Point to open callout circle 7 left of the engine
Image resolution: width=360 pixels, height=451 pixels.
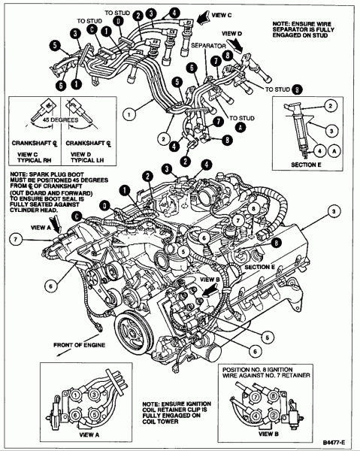(13, 240)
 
